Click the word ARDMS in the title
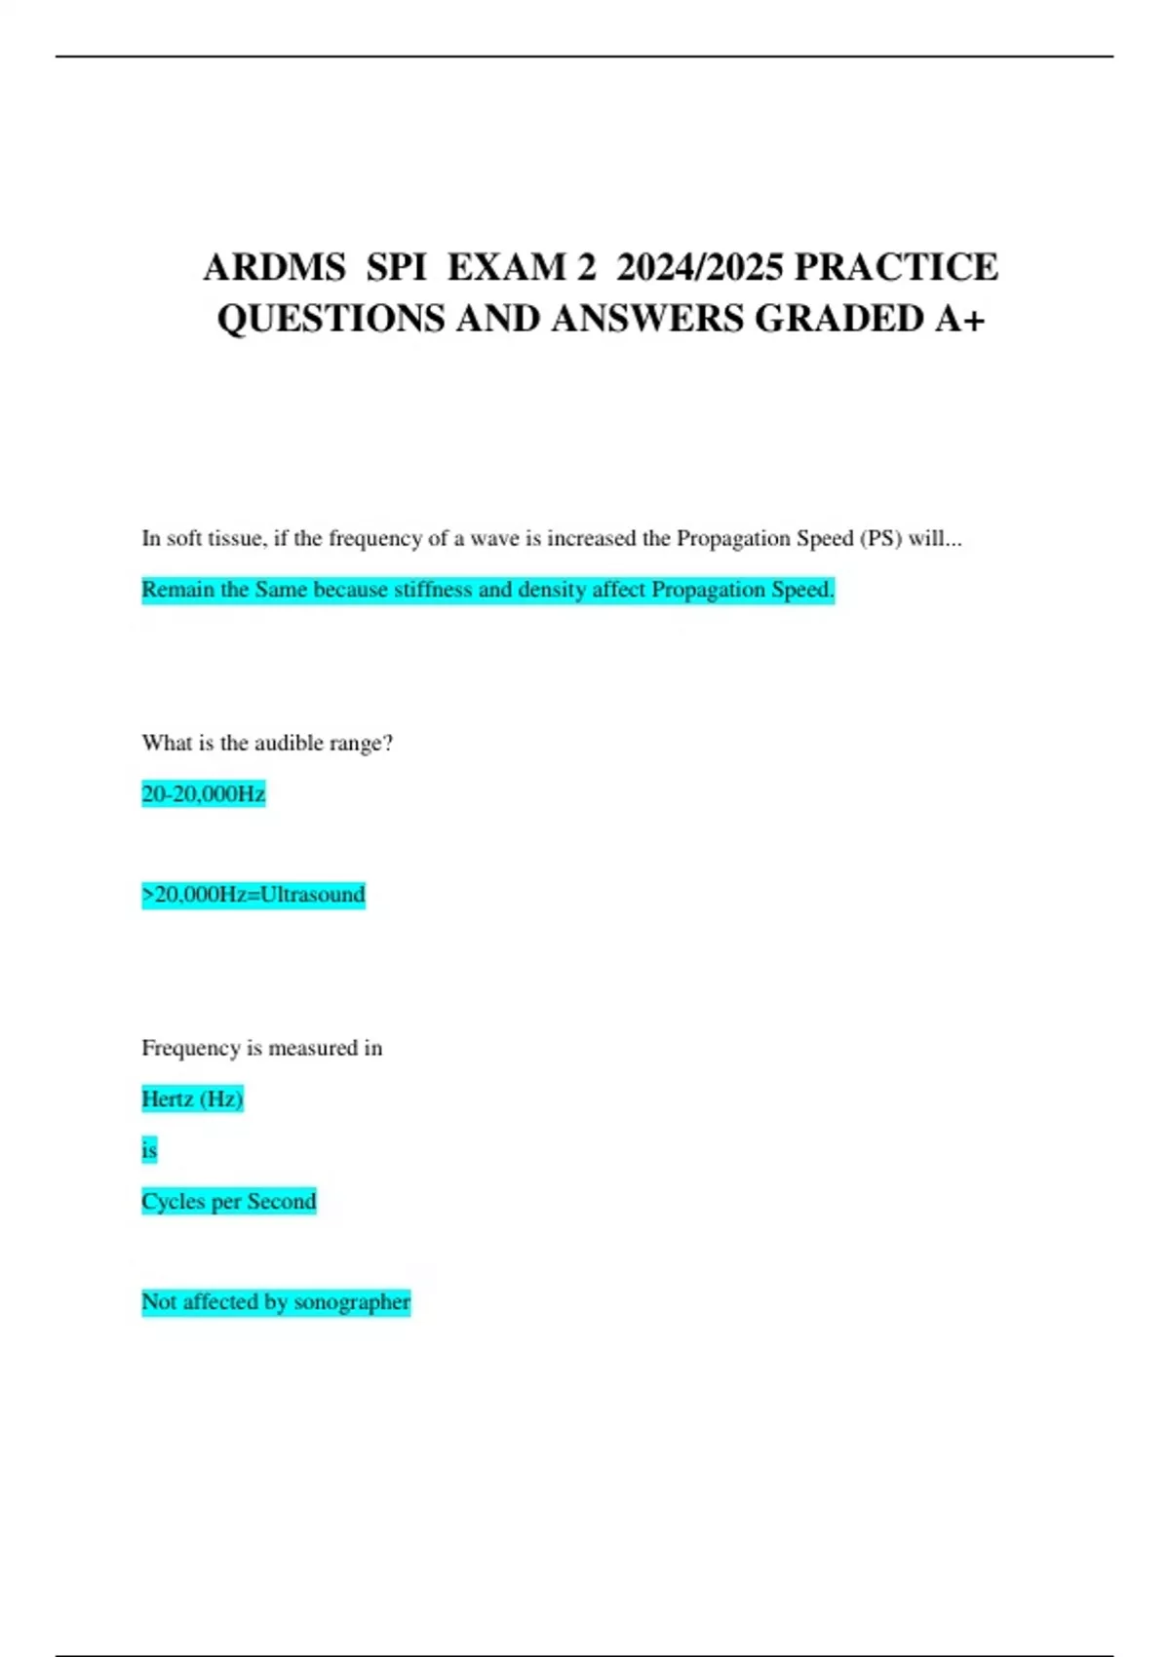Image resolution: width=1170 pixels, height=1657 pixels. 274,267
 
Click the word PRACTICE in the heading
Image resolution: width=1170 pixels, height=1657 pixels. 897,267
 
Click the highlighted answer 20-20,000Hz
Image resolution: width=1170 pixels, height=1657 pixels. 203,794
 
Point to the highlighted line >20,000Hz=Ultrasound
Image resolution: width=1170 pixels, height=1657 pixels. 253,895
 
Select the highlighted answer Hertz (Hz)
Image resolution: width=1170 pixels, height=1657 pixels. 192,1099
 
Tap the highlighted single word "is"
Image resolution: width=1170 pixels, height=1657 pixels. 149,1150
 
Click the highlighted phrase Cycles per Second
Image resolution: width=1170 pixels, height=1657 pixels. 229,1201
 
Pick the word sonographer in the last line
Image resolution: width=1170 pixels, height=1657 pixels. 352,1302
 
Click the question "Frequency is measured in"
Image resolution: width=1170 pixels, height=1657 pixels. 261,1048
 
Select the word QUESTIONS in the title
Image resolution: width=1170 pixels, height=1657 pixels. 331,319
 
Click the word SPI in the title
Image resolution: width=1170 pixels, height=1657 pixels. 397,267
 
